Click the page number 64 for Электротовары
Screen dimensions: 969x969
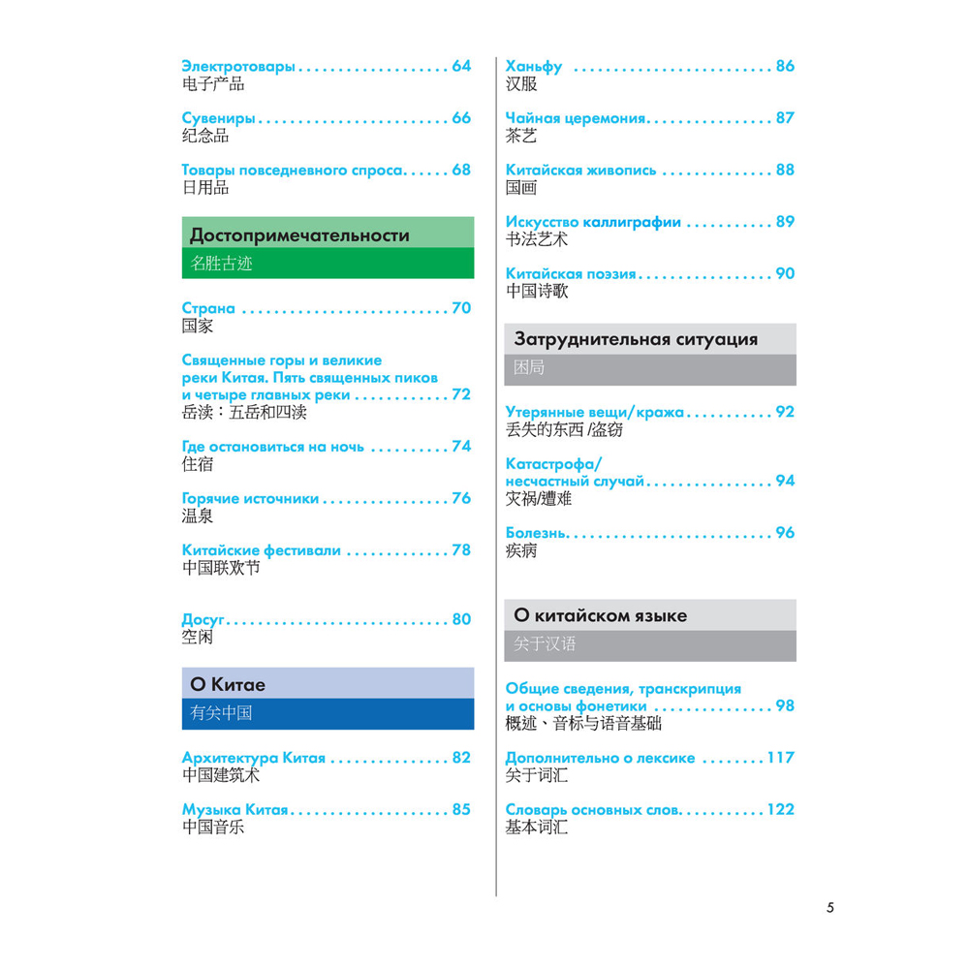tap(460, 66)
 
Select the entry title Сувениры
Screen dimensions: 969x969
tap(219, 118)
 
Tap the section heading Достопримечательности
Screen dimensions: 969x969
tap(299, 234)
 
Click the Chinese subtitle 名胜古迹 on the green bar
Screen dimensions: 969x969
tap(221, 263)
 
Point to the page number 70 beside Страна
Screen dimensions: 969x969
tap(460, 308)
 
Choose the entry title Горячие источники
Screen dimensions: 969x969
tap(250, 498)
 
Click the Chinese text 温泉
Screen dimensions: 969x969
tap(198, 516)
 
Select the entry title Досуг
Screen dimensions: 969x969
tap(203, 619)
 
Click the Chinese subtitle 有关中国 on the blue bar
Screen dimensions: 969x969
tap(221, 713)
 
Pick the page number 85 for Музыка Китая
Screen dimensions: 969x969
tap(460, 809)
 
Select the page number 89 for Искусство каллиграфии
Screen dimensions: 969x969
tap(784, 221)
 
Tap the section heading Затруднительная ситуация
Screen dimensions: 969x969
tap(635, 339)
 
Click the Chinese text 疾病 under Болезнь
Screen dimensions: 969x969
tap(521, 551)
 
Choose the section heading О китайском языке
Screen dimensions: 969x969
tap(600, 615)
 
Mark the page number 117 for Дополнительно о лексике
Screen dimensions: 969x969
tap(780, 758)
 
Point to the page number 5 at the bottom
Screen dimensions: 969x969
tap(830, 908)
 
